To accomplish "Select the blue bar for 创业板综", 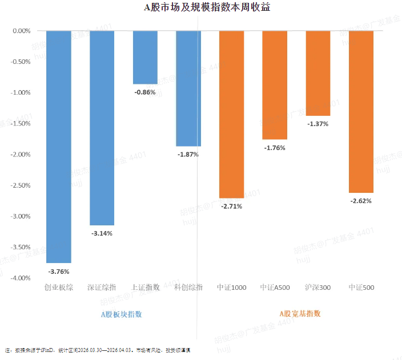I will pos(59,146).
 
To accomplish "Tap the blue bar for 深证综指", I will pos(102,128).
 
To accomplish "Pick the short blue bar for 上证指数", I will pos(145,57).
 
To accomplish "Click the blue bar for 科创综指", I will pos(188,88).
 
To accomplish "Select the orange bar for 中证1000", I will pos(232,114).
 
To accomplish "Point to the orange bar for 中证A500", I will pos(275,85).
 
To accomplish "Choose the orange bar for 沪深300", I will pos(318,73).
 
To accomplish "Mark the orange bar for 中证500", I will pos(361,111).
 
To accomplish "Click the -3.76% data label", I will pos(59,272).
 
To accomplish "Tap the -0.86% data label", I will pos(145,92).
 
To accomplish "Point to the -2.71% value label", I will pos(232,206).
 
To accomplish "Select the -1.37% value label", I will pos(318,124).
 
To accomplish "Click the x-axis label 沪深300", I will pos(318,288).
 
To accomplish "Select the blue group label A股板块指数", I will pos(121,314).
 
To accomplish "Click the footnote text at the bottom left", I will pos(97,349).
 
